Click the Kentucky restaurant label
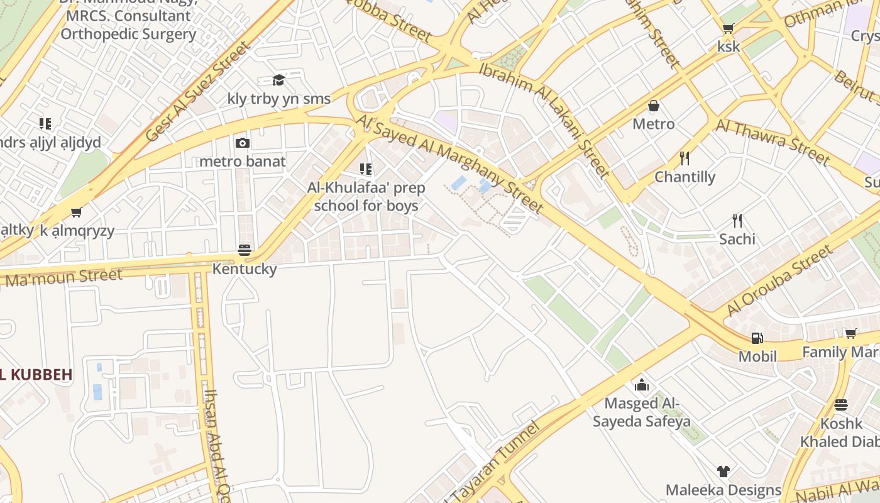coord(245,269)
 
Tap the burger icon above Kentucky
coord(245,250)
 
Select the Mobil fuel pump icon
coord(757,338)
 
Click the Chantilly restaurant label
coord(685,177)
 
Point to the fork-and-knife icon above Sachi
coord(737,221)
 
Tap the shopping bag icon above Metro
coord(654,106)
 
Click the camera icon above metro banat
coord(243,143)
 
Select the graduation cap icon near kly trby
coord(278,80)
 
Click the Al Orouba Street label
coord(779,281)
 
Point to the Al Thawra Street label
coord(773,141)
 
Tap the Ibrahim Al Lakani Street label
coord(544,119)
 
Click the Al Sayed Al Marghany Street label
coord(449,162)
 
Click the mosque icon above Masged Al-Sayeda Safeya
coord(642,385)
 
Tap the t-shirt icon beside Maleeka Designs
coord(723,472)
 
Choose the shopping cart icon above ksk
coord(729,28)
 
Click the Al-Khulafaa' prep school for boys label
coord(366,197)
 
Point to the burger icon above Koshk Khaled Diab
coord(841,405)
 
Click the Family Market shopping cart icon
coord(850,333)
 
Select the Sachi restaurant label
coord(737,239)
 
